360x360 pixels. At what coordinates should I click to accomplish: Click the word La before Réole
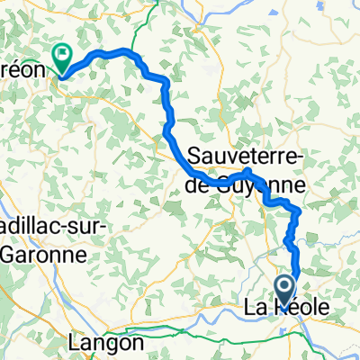click(x=256, y=309)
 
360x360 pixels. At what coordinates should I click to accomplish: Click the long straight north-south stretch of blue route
click(x=167, y=108)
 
